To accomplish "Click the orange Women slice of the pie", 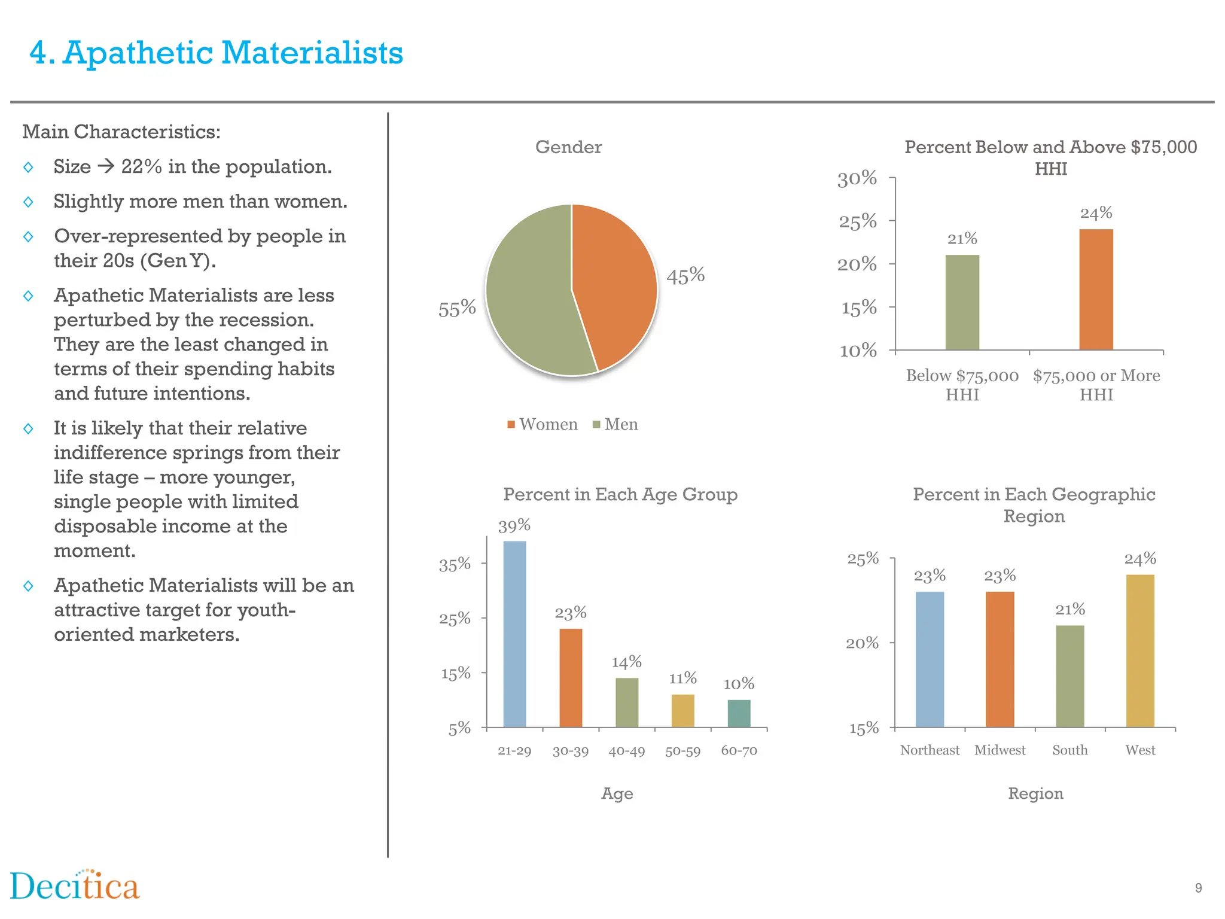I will click(616, 281).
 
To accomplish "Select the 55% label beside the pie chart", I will click(457, 309).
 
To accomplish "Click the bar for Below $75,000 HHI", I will click(962, 302).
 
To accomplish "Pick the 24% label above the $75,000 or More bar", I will click(1096, 213).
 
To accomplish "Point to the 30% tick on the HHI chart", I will click(857, 178).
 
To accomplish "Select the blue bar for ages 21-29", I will click(514, 634).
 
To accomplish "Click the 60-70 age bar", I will click(739, 713).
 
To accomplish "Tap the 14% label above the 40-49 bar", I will click(626, 662).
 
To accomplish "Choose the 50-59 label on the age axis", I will click(682, 751).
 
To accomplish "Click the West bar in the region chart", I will click(1140, 651).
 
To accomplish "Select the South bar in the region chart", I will click(1069, 676).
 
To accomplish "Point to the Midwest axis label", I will click(999, 750).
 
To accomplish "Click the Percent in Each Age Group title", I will click(620, 495).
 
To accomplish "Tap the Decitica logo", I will click(75, 886).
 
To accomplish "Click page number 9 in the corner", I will click(1198, 888).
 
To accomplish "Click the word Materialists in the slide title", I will click(312, 53).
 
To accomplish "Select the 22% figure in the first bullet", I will click(141, 167).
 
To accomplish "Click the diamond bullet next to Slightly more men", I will click(28, 202).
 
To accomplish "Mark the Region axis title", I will click(1035, 793).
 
